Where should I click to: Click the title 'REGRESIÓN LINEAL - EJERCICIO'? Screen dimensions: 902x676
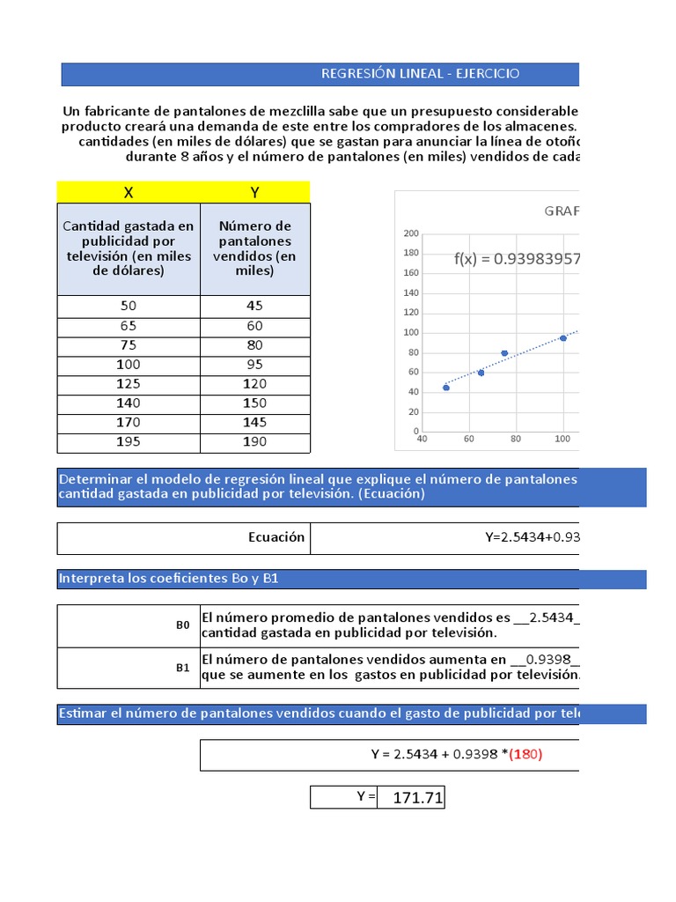pyautogui.click(x=420, y=73)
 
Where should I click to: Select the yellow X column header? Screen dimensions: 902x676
pyautogui.click(x=129, y=192)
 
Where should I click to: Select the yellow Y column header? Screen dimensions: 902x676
pyautogui.click(x=255, y=192)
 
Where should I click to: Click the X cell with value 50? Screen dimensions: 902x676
pyautogui.click(x=129, y=306)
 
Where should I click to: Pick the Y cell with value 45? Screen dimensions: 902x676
pyautogui.click(x=255, y=306)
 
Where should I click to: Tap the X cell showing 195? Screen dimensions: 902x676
pyautogui.click(x=129, y=441)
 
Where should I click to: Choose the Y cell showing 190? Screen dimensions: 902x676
pyautogui.click(x=255, y=441)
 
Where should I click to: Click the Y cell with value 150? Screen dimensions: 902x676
pyautogui.click(x=255, y=403)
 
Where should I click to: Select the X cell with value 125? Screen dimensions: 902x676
pyautogui.click(x=129, y=383)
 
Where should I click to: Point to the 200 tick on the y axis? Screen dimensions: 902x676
pyautogui.click(x=410, y=233)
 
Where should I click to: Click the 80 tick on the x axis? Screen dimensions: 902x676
pyautogui.click(x=516, y=439)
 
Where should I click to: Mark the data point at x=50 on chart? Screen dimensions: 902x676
pyautogui.click(x=446, y=388)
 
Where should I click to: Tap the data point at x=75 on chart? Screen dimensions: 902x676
pyautogui.click(x=504, y=353)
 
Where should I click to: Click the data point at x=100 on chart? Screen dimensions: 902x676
pyautogui.click(x=563, y=338)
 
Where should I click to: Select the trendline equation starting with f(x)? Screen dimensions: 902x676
pyautogui.click(x=517, y=259)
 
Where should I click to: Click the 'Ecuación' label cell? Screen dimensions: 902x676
pyautogui.click(x=276, y=537)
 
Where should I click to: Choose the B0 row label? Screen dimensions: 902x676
pyautogui.click(x=183, y=625)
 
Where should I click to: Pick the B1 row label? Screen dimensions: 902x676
pyautogui.click(x=183, y=668)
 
